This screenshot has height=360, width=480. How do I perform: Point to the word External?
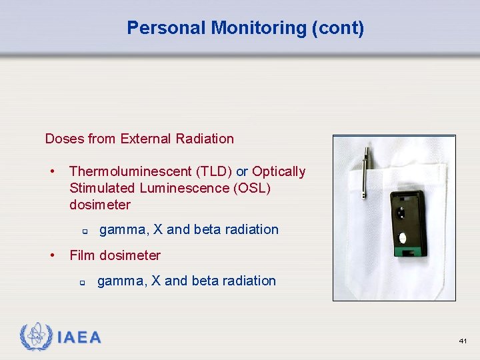tap(145, 139)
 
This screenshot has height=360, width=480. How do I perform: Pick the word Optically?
tap(279, 171)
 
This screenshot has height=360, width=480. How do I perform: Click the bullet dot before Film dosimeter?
tap(52, 255)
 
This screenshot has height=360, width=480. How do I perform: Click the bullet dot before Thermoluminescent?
tap(52, 171)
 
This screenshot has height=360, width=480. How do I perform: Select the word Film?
tap(82, 255)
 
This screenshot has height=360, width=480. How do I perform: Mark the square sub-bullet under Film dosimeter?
tap(81, 282)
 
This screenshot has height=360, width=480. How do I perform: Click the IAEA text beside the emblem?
tap(79, 337)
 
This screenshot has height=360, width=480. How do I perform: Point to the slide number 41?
tap(463, 341)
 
